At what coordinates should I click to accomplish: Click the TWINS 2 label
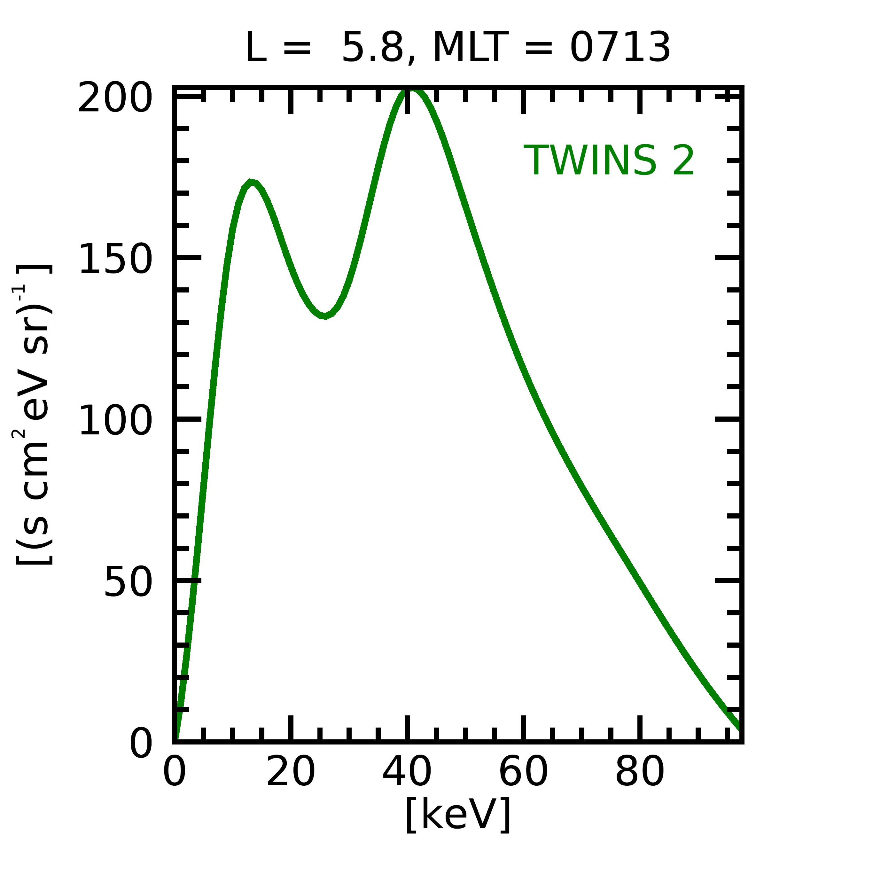tap(608, 161)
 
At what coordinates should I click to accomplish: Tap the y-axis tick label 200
tap(114, 98)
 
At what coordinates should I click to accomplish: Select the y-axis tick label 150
tap(115, 259)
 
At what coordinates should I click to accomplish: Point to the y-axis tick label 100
tap(115, 420)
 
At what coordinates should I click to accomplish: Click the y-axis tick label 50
tap(128, 582)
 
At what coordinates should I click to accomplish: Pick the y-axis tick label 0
tap(141, 743)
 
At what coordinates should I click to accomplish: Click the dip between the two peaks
tap(324, 316)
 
